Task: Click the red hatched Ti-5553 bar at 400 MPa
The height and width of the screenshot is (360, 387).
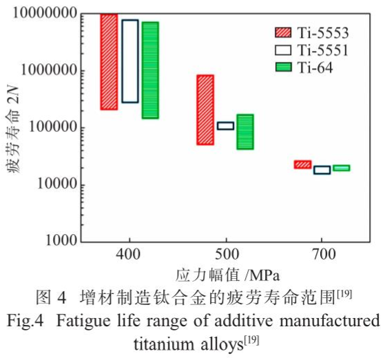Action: point(109,61)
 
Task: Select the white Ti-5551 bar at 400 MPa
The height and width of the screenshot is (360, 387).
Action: point(130,61)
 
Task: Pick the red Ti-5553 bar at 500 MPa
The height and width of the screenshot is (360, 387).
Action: point(205,109)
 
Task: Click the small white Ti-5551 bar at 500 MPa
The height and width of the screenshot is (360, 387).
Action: point(225,126)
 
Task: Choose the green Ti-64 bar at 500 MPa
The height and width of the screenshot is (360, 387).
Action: point(245,131)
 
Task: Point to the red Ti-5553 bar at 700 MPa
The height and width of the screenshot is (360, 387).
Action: point(302,165)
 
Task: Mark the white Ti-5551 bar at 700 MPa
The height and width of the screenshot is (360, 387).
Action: point(322,170)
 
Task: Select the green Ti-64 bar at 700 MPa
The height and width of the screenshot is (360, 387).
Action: point(341,168)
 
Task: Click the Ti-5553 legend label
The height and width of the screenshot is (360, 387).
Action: point(323,32)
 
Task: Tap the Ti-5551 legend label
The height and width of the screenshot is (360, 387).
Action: point(323,50)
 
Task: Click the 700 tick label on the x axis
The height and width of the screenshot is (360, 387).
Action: point(322,255)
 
